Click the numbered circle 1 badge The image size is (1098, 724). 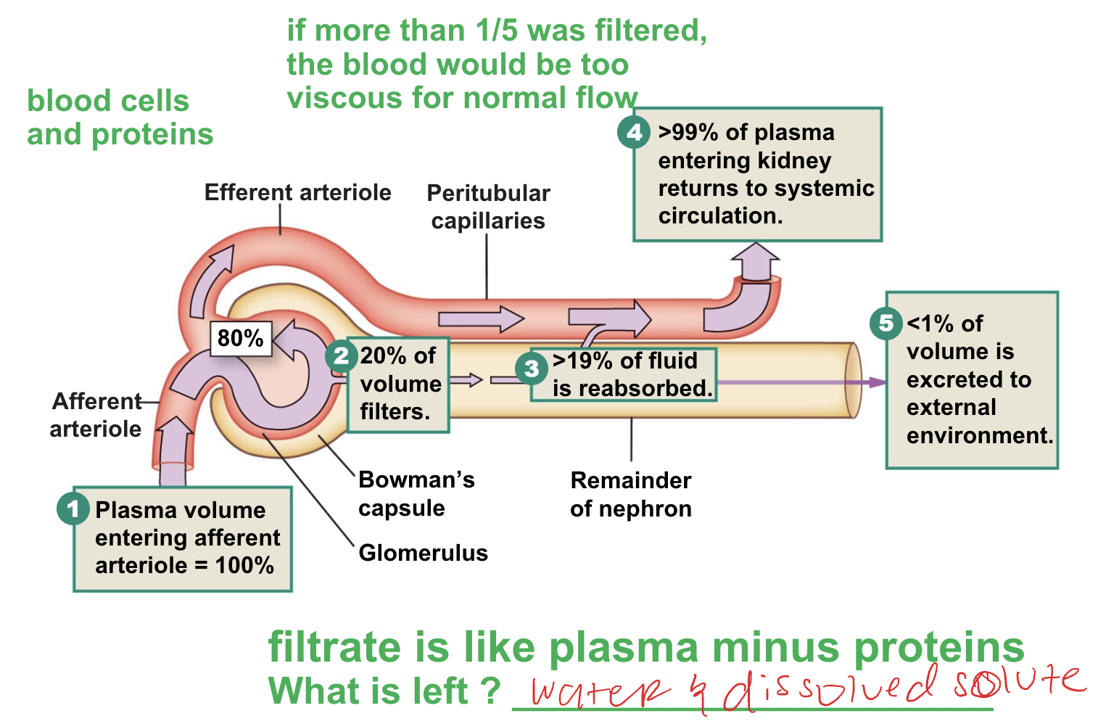pyautogui.click(x=73, y=509)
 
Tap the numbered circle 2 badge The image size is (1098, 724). pyautogui.click(x=341, y=355)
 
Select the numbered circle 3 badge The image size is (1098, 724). pyautogui.click(x=532, y=369)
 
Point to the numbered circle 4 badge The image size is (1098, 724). pyautogui.click(x=634, y=132)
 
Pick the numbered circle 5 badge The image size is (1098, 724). pyautogui.click(x=886, y=323)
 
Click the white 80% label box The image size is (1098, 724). pyautogui.click(x=241, y=338)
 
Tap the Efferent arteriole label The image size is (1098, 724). pyautogui.click(x=297, y=192)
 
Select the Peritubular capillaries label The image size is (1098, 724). pyautogui.click(x=488, y=207)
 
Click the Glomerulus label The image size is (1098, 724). pyautogui.click(x=423, y=553)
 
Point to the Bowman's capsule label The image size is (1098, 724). pyautogui.click(x=416, y=493)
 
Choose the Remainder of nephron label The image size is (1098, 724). pyautogui.click(x=630, y=494)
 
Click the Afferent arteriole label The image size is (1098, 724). pyautogui.click(x=96, y=415)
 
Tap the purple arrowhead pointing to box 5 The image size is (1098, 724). pyautogui.click(x=878, y=382)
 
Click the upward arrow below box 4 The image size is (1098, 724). pyautogui.click(x=755, y=260)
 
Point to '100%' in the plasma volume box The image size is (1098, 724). pyautogui.click(x=244, y=565)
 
